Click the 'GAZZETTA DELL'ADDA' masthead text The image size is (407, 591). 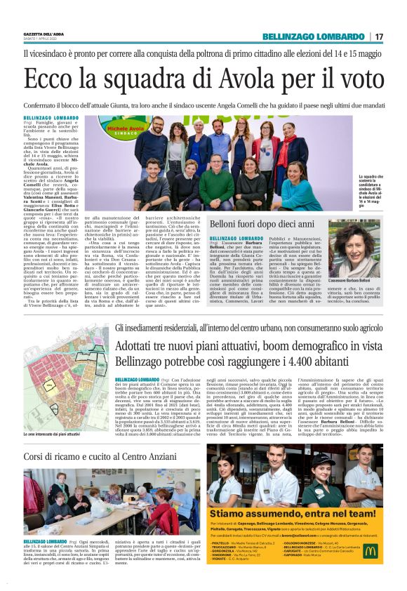click(x=44, y=34)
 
